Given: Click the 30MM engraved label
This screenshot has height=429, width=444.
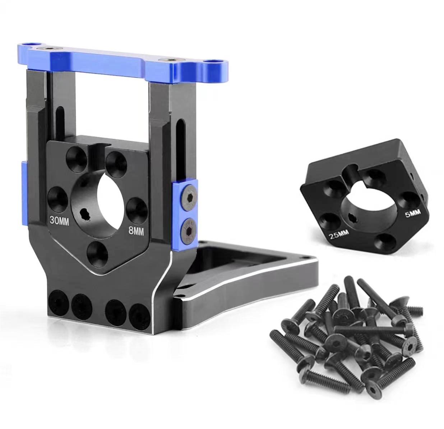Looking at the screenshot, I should coord(60,221).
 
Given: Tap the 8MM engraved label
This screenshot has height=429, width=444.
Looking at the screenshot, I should coord(136,231).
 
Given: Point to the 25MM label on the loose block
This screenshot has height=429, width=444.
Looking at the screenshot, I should coord(338,234).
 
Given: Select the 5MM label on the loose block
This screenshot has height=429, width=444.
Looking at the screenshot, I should coord(412,214).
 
